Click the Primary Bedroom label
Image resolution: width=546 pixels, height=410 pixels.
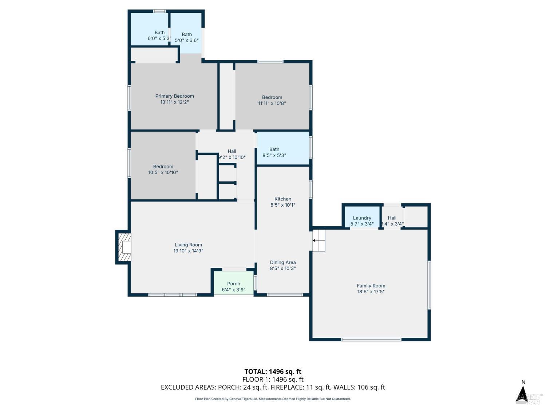point(174,96)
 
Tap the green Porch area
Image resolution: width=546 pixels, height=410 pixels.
point(233,283)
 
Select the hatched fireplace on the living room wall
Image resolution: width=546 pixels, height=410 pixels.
point(124,247)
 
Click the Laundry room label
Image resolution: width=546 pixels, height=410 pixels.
point(362,218)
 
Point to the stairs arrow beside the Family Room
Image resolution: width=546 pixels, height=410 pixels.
point(314,241)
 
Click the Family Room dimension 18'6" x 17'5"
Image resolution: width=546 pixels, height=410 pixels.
point(371,292)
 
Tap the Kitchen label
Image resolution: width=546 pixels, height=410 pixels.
point(282,199)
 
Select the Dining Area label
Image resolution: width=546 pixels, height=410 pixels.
point(282,262)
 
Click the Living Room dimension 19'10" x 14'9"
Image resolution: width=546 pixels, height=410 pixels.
point(188,251)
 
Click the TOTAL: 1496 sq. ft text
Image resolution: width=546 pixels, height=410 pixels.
point(273,372)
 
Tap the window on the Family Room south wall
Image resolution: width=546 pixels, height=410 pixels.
point(371,339)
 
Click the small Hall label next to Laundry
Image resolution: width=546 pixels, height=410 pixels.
point(392,218)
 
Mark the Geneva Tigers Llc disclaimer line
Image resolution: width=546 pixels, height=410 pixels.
point(273,399)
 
